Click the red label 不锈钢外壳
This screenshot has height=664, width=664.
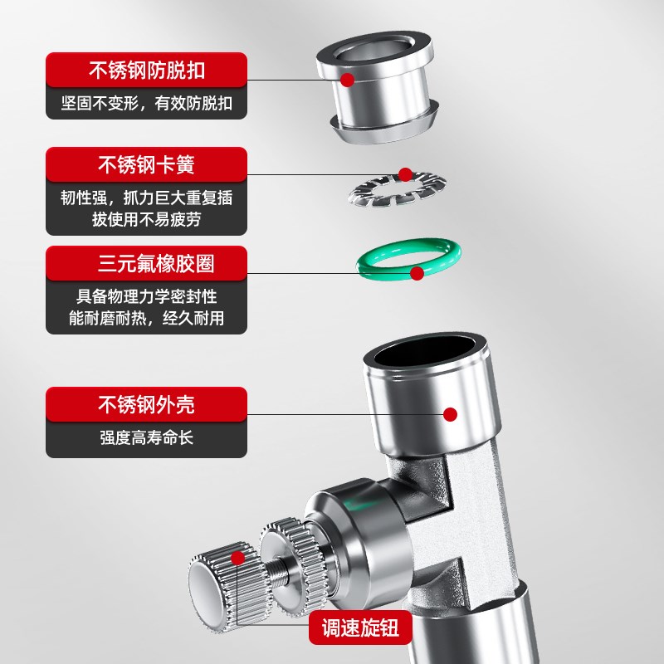(146, 406)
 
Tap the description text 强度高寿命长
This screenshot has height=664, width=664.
(146, 437)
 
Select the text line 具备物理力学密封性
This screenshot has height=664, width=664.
(146, 295)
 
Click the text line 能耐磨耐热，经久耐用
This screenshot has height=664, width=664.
(146, 317)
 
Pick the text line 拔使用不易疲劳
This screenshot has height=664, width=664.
(146, 220)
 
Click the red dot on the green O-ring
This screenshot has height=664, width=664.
(417, 271)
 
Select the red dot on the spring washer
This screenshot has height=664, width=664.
(405, 174)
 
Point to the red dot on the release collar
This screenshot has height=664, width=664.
(348, 80)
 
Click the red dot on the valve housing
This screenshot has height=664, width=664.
(451, 413)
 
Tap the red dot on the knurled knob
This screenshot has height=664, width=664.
(238, 558)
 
